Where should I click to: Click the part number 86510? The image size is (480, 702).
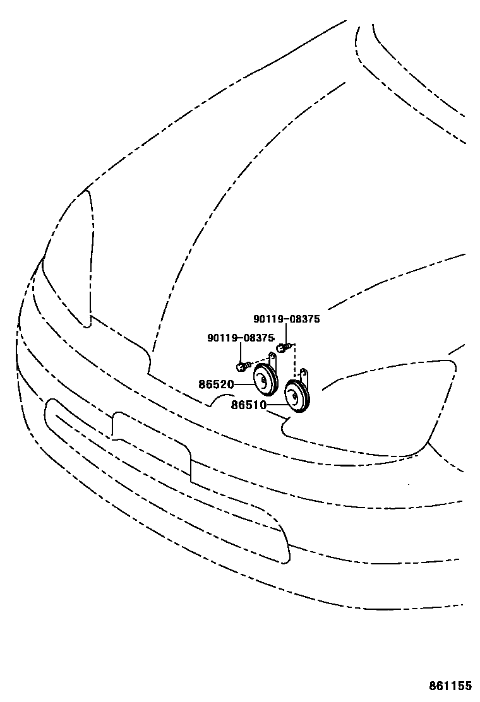[x=248, y=405]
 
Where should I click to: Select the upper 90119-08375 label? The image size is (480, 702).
[x=287, y=319]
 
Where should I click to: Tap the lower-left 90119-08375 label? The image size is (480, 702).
[x=241, y=338]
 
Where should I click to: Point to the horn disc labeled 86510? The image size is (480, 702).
[x=296, y=396]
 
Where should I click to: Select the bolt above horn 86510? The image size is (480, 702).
[x=282, y=347]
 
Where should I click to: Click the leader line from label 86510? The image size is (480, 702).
[x=275, y=405]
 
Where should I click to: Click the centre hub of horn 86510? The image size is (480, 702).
[x=292, y=396]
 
